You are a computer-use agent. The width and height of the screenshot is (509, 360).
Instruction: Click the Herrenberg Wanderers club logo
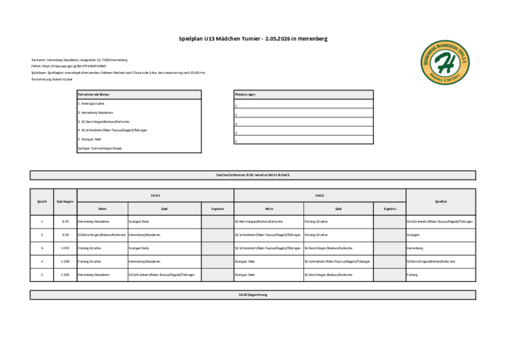tap(446, 62)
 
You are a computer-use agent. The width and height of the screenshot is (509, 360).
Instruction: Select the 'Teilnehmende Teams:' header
tap(94, 94)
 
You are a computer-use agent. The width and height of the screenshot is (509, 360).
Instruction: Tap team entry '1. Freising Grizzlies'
tap(91, 103)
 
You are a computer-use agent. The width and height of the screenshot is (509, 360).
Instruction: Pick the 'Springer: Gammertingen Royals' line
tap(100, 148)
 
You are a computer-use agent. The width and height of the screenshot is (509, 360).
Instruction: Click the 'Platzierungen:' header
tap(246, 94)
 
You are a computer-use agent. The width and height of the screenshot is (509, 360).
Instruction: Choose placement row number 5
tap(236, 142)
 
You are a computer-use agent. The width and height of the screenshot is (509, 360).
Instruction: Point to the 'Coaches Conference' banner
tap(252, 175)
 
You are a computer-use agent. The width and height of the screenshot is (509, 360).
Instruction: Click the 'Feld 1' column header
tap(155, 196)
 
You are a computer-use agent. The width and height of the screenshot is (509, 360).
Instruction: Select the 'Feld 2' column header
tap(320, 196)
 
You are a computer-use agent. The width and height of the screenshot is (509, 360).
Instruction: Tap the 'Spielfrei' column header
tap(441, 202)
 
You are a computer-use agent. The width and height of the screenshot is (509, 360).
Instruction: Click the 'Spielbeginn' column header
tap(65, 202)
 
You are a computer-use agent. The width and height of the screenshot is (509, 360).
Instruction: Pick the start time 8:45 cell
tap(65, 221)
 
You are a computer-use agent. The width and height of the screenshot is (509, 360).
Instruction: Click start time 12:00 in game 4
tap(65, 262)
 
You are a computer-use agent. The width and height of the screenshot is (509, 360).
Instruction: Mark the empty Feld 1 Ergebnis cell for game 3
tap(217, 248)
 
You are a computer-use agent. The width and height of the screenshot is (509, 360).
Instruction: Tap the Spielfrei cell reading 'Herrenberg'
tap(415, 248)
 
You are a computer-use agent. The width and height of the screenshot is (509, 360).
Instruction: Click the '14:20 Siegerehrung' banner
tap(252, 295)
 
